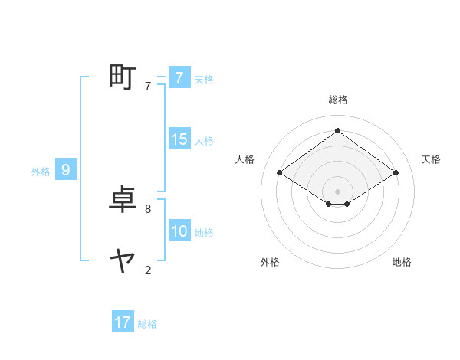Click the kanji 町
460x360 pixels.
click(x=123, y=77)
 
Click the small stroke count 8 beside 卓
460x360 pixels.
click(x=147, y=208)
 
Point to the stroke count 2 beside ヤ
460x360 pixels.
click(x=147, y=270)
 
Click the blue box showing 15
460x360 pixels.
click(x=179, y=139)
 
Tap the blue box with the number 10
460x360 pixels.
click(x=179, y=231)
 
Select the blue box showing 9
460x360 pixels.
click(x=66, y=170)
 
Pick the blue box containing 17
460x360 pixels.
click(x=123, y=322)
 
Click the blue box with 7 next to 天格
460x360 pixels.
click(x=179, y=78)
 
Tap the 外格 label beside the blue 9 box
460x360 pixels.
click(x=41, y=172)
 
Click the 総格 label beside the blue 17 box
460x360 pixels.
click(x=147, y=324)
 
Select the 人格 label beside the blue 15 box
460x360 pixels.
click(x=204, y=141)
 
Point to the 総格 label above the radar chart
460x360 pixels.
click(x=337, y=100)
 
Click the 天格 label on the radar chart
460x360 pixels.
click(x=432, y=159)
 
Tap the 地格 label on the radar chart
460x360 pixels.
click(x=402, y=262)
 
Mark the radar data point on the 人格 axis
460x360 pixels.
click(x=280, y=173)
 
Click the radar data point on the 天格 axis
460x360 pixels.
click(x=396, y=173)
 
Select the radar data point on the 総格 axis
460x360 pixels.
click(x=337, y=131)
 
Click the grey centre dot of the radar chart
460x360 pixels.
click(x=337, y=191)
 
